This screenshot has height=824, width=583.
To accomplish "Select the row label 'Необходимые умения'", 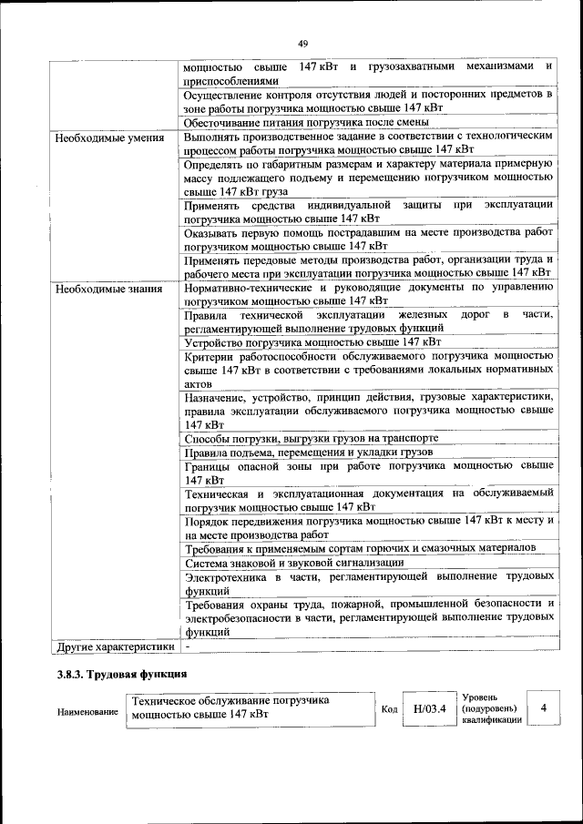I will tap(103, 138).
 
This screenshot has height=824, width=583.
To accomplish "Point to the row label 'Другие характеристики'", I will tap(114, 646).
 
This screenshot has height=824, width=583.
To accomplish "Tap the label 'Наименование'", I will tap(87, 710).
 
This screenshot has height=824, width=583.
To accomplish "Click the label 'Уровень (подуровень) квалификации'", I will tap(491, 707).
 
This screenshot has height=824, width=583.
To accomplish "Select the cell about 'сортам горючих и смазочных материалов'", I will tap(359, 548).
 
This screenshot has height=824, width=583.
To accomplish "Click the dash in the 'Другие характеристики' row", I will tap(186, 646).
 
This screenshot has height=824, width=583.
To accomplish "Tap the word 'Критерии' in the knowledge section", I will tap(208, 357).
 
